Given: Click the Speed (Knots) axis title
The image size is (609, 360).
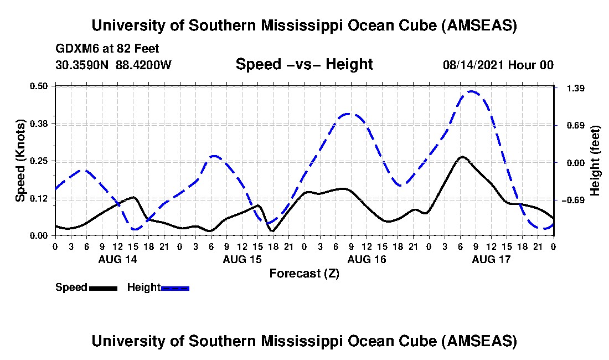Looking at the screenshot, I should [20, 161].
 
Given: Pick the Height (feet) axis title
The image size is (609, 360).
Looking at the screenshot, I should [596, 161].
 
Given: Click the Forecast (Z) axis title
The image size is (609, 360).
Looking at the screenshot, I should [304, 273].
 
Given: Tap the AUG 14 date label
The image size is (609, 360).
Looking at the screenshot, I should [117, 259].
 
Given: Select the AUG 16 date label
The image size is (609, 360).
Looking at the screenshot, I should [367, 259].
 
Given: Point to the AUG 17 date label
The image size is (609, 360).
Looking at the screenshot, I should [491, 259].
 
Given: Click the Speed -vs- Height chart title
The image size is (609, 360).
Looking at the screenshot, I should [304, 64].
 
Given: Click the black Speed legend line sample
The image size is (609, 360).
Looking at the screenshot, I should [102, 288].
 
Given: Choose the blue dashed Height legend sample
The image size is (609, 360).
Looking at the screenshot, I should [175, 288].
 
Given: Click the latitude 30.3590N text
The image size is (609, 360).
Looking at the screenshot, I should [82, 65].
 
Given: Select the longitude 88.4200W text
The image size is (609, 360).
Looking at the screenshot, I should [143, 65].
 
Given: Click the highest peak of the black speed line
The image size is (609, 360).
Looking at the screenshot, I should [462, 157].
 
